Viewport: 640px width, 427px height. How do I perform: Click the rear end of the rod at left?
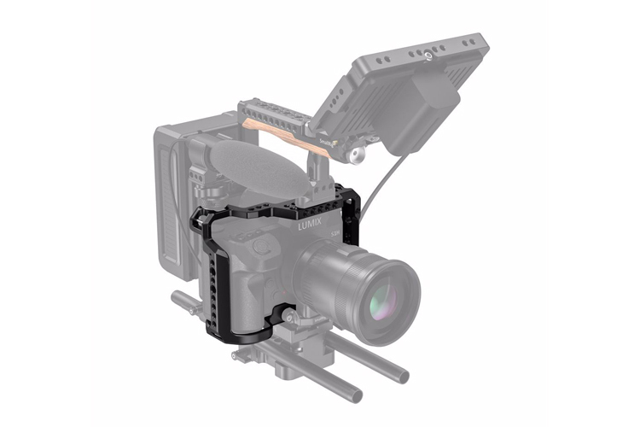pyautogui.click(x=178, y=299)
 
